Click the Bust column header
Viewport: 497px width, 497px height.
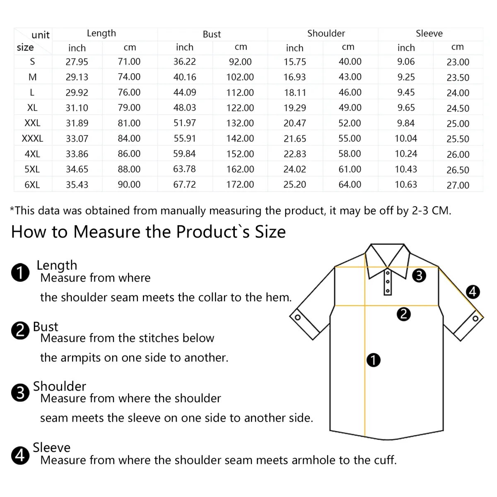click(x=212, y=34)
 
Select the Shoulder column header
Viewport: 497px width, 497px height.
click(x=326, y=34)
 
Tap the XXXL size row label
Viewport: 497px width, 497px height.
click(x=32, y=138)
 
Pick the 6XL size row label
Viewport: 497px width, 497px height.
click(x=32, y=185)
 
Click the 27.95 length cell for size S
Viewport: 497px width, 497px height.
click(x=77, y=62)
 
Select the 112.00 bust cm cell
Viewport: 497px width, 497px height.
click(x=240, y=92)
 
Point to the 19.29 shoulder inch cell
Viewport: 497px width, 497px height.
click(x=294, y=108)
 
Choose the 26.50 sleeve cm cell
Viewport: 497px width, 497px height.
click(x=458, y=170)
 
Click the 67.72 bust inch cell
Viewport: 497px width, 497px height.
click(x=184, y=184)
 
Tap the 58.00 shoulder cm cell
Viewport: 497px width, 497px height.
click(x=350, y=154)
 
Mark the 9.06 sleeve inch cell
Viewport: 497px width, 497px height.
click(x=405, y=62)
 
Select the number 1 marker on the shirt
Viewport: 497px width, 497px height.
click(x=374, y=360)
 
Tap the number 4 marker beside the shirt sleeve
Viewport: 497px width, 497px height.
click(x=473, y=292)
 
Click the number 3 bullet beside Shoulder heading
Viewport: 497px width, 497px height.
click(x=20, y=393)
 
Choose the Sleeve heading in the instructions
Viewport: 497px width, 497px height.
click(x=52, y=447)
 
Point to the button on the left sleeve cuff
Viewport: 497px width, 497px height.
click(x=297, y=318)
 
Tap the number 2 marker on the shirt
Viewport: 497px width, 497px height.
click(x=403, y=314)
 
